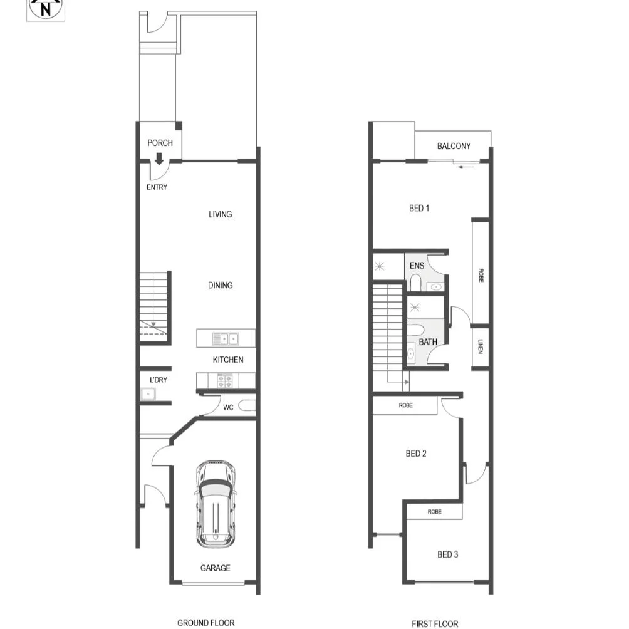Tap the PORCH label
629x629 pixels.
tap(160, 143)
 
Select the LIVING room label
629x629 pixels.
tap(220, 214)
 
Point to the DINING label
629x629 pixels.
tap(220, 285)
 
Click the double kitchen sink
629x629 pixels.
tap(225, 338)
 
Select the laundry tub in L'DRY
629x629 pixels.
tap(148, 394)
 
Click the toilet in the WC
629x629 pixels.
tap(247, 406)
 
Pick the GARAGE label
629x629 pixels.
tap(215, 568)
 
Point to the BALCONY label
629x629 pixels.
tap(454, 146)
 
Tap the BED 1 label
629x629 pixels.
tap(418, 208)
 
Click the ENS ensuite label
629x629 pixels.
tap(417, 266)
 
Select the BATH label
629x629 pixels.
tap(428, 342)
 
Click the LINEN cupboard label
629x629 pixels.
tap(480, 346)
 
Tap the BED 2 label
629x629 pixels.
tap(416, 454)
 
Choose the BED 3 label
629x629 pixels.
tap(447, 554)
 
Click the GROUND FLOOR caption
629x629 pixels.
tap(205, 623)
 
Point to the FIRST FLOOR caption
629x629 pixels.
tap(435, 623)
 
